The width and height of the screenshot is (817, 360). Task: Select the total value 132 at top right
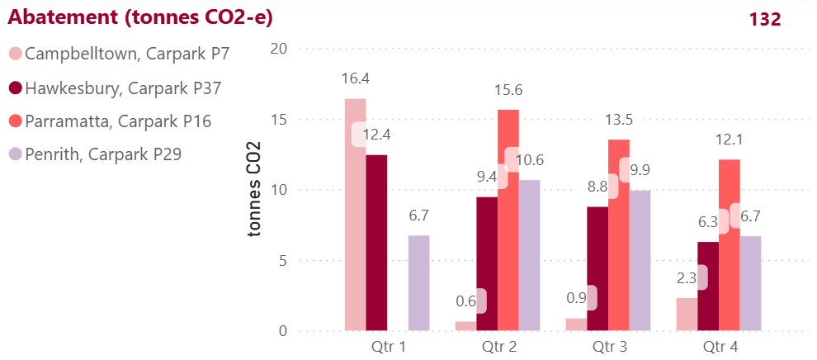(765, 19)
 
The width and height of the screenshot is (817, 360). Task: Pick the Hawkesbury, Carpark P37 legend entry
(123, 88)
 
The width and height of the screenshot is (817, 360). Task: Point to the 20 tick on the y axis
(278, 48)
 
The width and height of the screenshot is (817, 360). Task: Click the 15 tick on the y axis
(278, 119)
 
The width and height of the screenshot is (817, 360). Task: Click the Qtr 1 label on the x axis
(387, 347)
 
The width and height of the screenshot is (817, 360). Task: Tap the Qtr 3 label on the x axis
(609, 347)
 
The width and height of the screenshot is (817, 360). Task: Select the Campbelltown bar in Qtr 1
(355, 215)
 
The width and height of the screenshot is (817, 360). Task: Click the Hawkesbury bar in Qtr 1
(376, 243)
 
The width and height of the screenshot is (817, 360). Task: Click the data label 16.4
(355, 78)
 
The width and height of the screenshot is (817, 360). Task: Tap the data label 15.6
(508, 89)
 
